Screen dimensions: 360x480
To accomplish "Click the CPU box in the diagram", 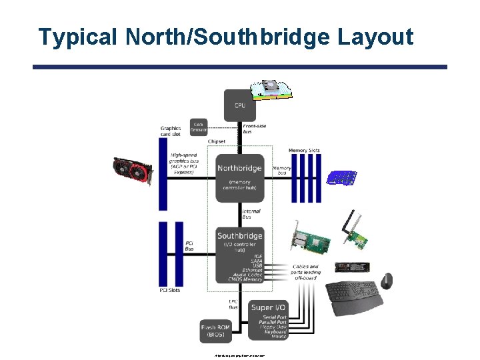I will click(239, 105).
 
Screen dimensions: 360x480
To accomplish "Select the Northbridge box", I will click(239, 177).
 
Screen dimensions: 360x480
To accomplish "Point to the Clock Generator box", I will click(199, 127).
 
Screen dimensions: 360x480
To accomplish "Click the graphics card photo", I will click(134, 172).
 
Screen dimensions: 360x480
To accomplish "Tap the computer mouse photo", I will click(387, 279).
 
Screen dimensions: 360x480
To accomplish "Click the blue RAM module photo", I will click(341, 177).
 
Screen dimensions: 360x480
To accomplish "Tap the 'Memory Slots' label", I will click(304, 151).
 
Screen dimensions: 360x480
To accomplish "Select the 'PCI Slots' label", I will click(171, 290).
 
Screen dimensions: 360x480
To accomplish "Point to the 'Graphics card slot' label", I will click(171, 131).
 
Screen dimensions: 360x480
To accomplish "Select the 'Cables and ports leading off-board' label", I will click(306, 272).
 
